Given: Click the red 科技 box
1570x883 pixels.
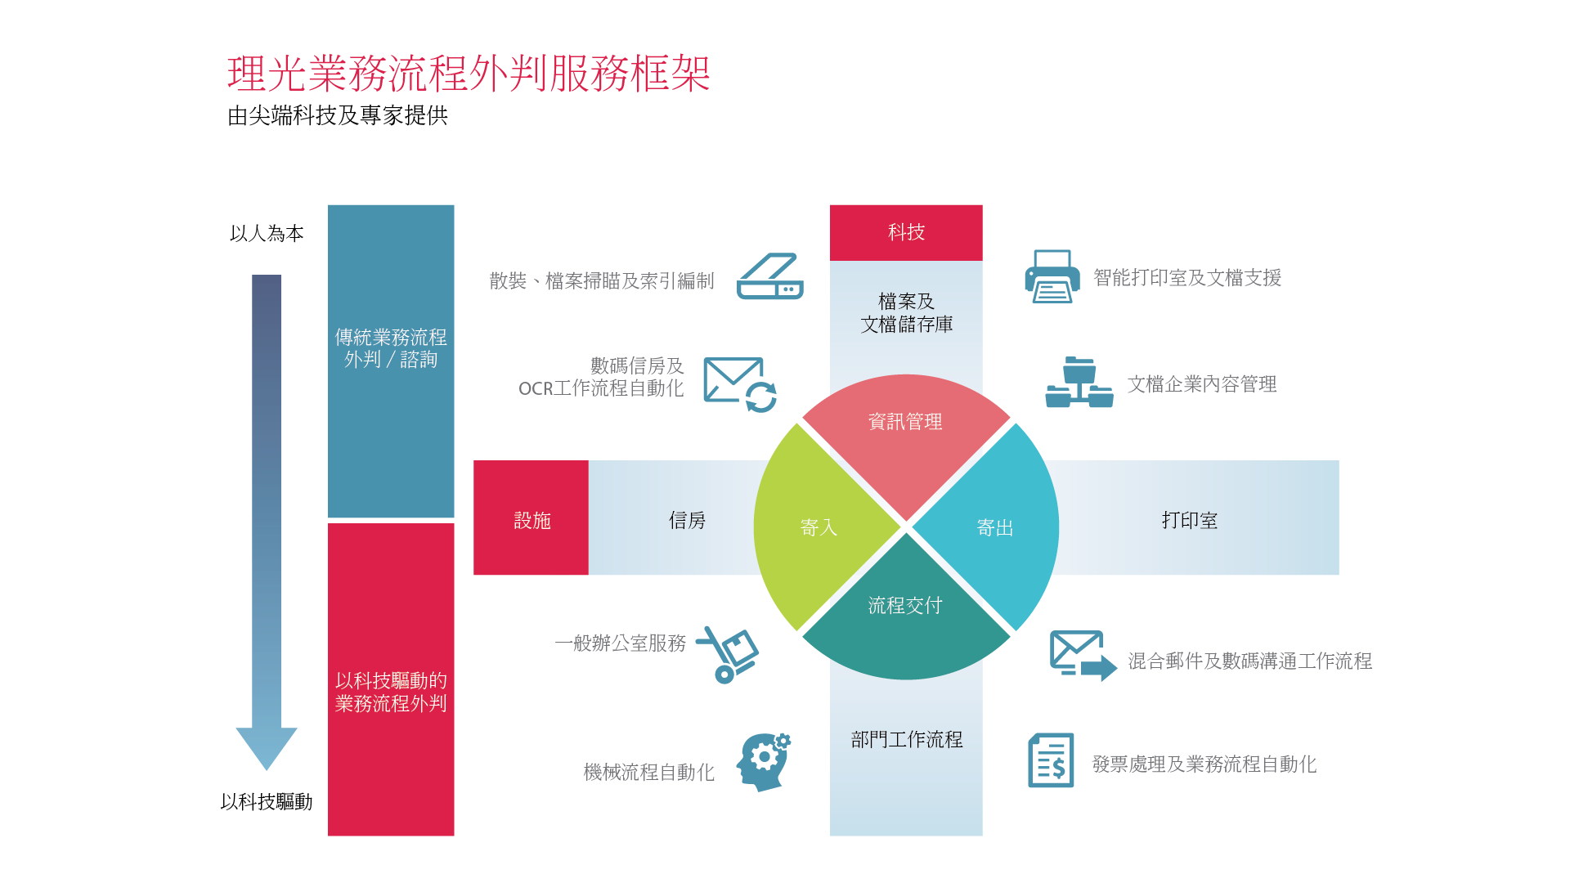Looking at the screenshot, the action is pos(906,233).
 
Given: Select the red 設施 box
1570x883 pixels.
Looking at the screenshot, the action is pos(531,518).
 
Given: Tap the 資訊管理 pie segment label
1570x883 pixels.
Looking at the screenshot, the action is pos(905,422).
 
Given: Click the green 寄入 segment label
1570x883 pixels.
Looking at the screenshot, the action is pos(819,527).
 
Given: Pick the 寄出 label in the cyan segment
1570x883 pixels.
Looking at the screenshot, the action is pos(995,527).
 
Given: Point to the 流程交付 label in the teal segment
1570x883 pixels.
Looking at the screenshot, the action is pos(905,605).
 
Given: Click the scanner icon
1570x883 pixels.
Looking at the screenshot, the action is pos(770,276).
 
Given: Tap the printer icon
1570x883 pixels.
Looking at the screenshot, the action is pos(1052,276).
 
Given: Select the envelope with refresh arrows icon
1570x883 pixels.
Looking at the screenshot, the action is pos(740,384).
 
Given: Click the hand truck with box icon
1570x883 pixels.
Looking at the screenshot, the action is pos(727,654).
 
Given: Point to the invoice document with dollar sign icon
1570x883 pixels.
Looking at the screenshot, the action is pos(1051,760).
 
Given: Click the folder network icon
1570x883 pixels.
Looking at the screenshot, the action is pos(1079,382).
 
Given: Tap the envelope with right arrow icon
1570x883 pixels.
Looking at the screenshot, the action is pos(1083,656).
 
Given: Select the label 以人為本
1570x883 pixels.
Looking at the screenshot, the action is pos(267,234).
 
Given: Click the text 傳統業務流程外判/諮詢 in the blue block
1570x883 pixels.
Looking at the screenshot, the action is pos(391,348).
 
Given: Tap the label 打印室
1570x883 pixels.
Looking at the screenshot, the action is pos(1190,521).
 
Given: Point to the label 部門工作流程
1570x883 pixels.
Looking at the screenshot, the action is pos(907,740).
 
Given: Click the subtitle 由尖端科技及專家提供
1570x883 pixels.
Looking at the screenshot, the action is pos(338,116).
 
